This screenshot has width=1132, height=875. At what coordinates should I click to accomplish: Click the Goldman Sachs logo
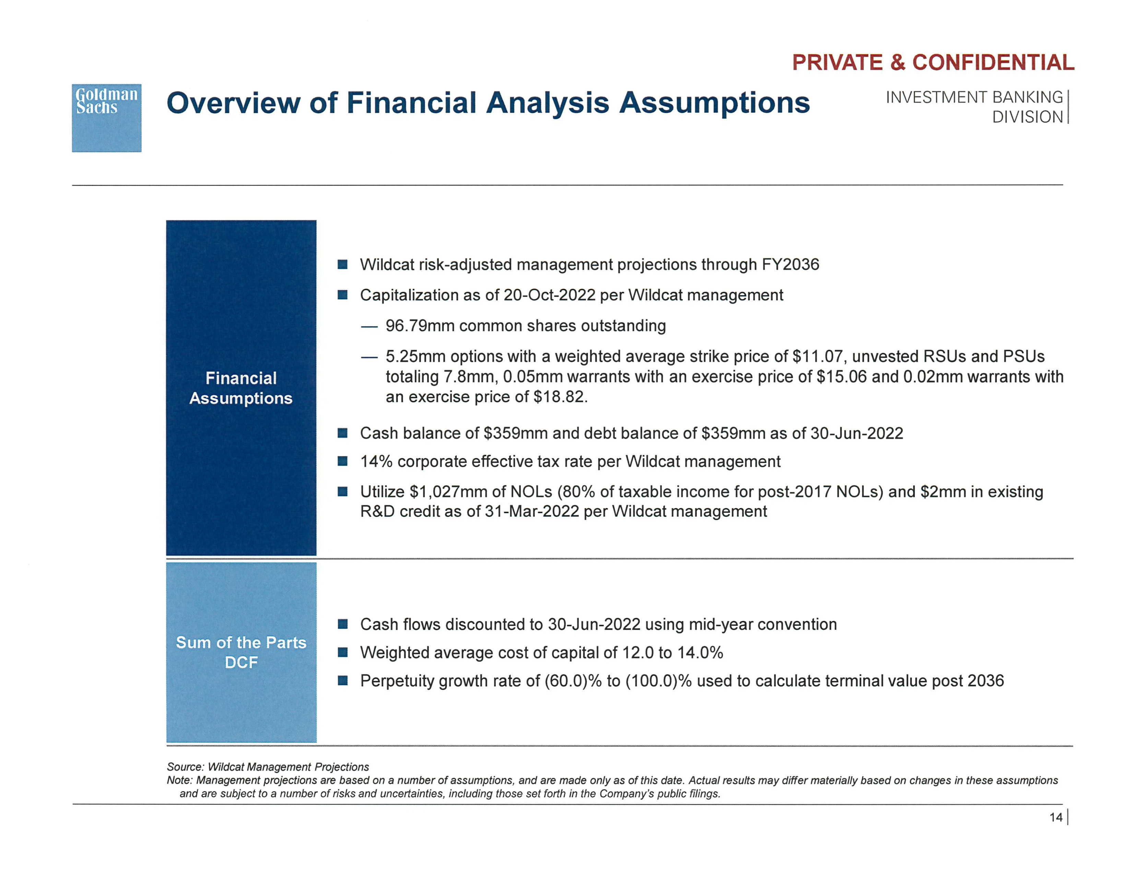(x=106, y=118)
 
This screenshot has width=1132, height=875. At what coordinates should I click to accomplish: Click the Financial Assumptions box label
(x=241, y=388)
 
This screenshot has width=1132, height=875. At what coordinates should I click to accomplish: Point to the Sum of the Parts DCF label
(x=241, y=652)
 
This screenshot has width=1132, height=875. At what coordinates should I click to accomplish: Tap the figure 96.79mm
(x=420, y=326)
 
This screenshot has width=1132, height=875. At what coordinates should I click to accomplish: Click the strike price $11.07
(x=819, y=356)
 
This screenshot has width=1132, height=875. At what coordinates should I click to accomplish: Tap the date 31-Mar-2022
(x=531, y=512)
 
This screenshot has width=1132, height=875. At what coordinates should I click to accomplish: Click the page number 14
(x=1056, y=817)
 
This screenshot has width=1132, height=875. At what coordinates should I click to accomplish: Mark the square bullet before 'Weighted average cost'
(x=343, y=653)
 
